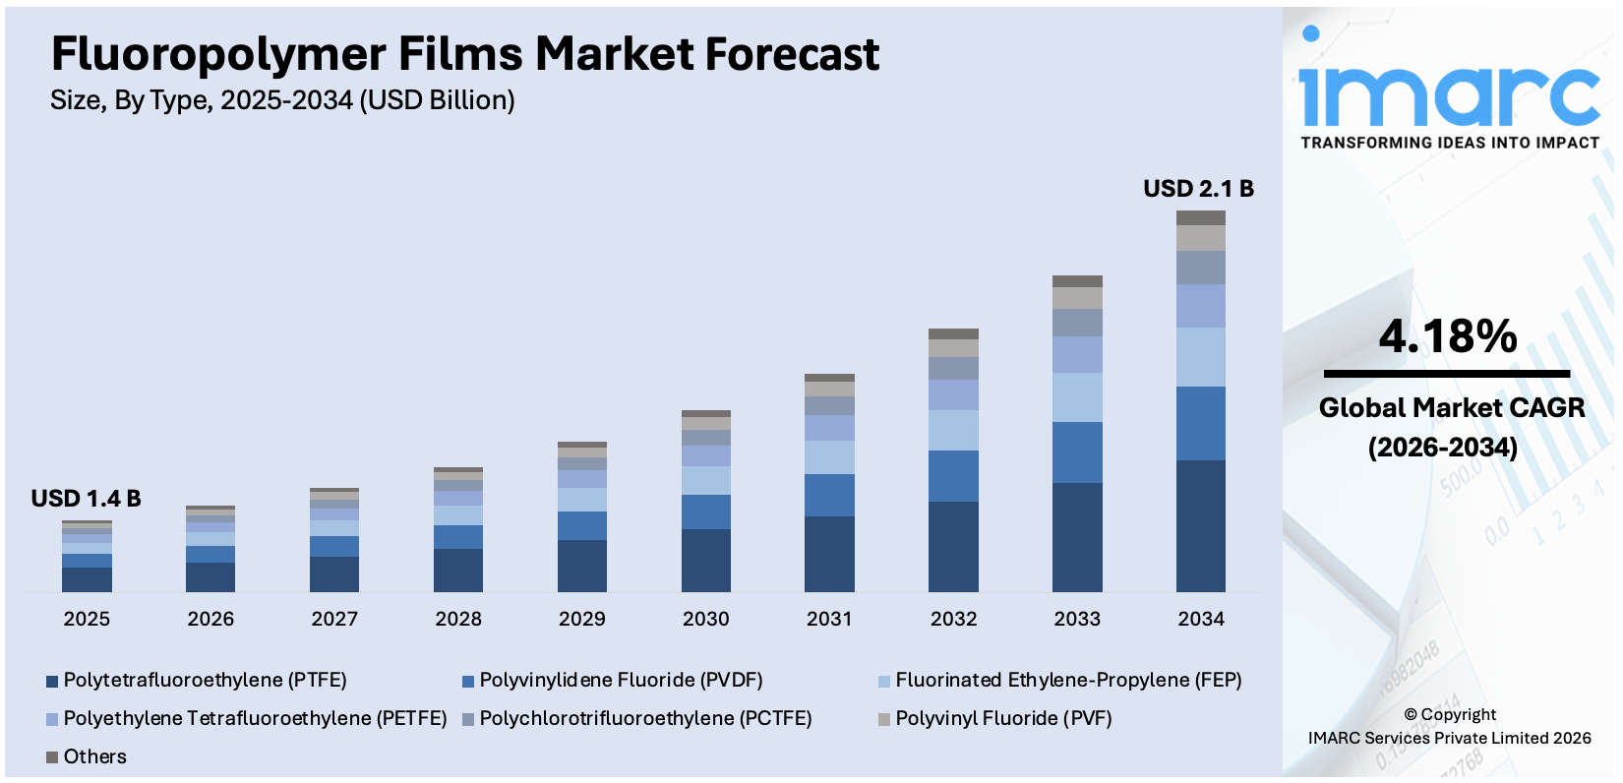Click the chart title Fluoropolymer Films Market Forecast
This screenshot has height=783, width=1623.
tap(464, 54)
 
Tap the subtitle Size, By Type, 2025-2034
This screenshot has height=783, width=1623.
tap(282, 100)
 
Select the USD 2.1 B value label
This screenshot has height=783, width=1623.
tap(1198, 189)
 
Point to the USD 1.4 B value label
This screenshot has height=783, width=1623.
tap(86, 499)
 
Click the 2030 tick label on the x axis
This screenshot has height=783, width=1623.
tap(705, 619)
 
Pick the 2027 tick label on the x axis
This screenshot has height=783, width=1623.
tap(334, 619)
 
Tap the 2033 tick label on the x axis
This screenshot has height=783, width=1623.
tap(1077, 619)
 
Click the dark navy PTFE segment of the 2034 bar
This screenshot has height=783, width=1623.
tap(1200, 525)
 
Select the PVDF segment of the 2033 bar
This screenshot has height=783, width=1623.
tap(1077, 452)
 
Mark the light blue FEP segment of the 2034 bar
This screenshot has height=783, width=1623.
tap(1200, 357)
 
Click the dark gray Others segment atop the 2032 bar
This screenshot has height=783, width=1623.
tap(953, 334)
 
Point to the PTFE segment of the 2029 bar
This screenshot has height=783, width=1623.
tap(582, 566)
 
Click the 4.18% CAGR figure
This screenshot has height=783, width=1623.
tap(1447, 336)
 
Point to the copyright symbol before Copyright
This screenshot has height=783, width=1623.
tap(1411, 715)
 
